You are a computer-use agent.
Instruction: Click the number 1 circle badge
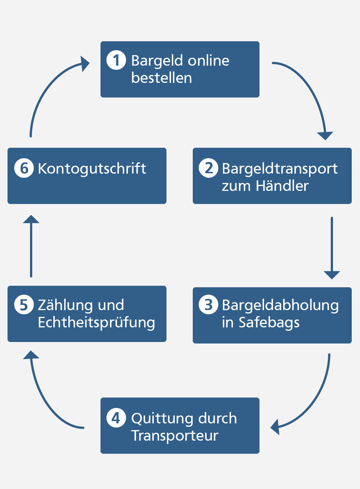point(116,60)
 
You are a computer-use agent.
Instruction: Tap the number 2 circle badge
point(208,168)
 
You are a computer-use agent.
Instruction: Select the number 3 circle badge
point(208,304)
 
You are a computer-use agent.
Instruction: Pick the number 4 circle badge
point(116,418)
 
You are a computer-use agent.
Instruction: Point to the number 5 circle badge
point(24,304)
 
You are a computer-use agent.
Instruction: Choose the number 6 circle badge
point(24,168)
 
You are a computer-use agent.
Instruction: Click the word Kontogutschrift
point(92,169)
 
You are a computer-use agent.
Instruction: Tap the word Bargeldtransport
point(280,169)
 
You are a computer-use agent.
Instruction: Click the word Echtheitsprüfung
point(96,322)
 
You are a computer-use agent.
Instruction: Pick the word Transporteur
point(175,436)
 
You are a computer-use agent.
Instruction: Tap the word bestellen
point(162,78)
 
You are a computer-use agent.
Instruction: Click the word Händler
point(282,186)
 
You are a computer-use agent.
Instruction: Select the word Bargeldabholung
point(280,305)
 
